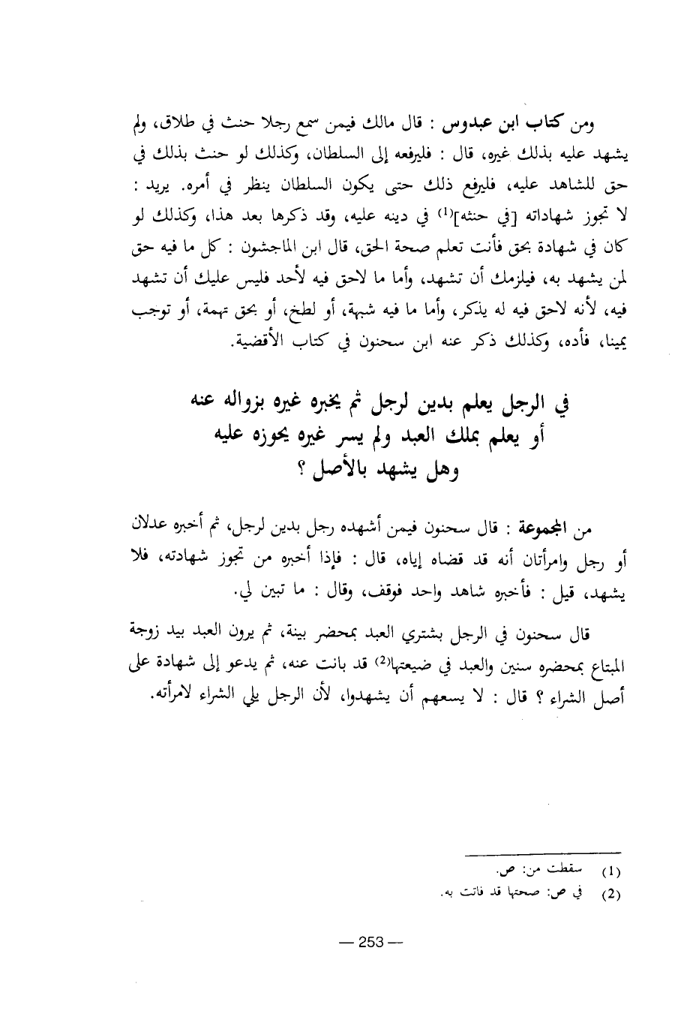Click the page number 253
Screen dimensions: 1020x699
click(x=370, y=943)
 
